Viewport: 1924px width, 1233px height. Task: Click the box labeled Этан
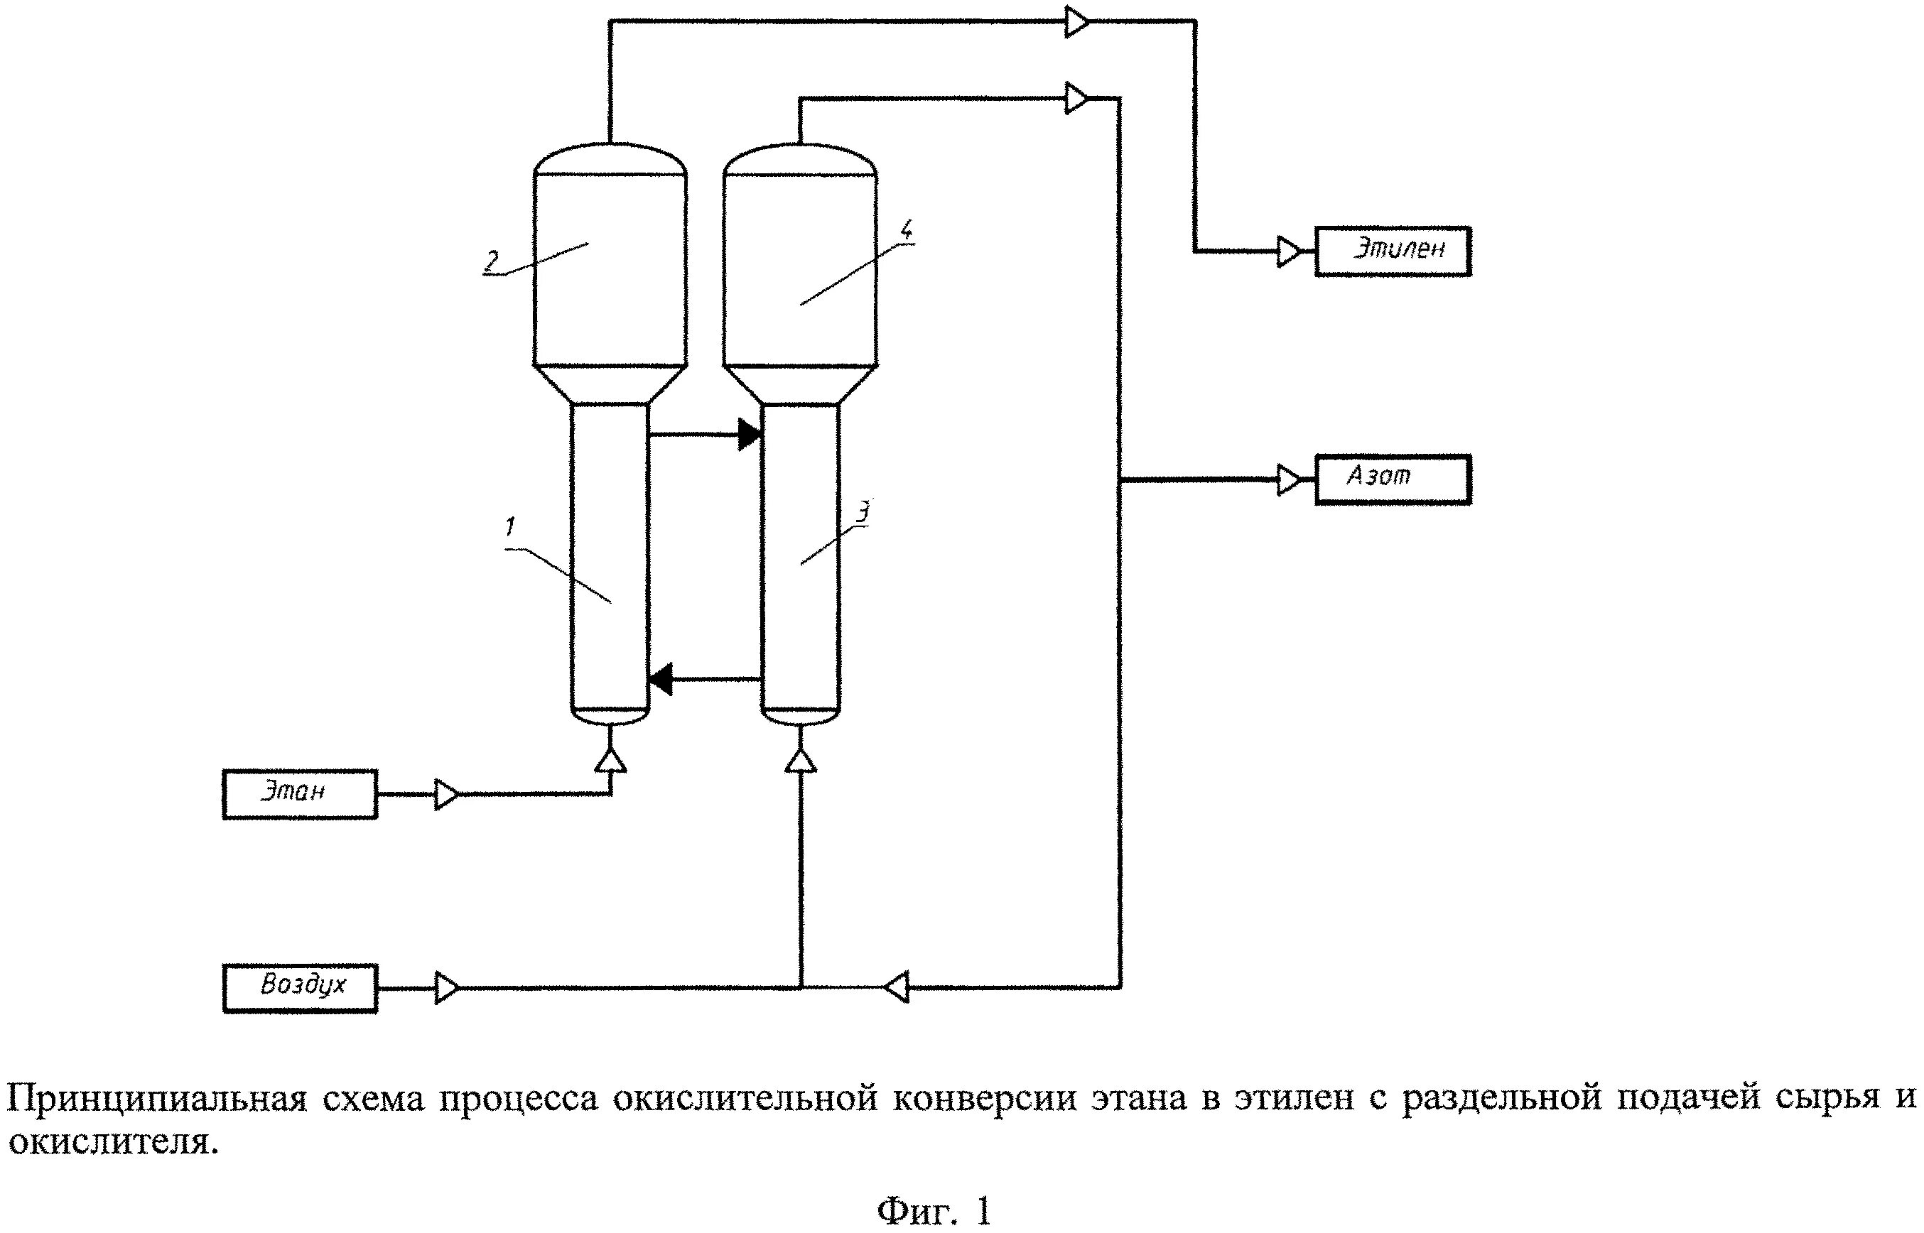[299, 793]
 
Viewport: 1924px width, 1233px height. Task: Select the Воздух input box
[299, 988]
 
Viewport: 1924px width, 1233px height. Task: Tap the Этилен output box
[1393, 251]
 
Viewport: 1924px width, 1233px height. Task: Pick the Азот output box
[1393, 479]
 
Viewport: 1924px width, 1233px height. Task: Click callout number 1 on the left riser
[511, 527]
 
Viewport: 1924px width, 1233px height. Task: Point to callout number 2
[490, 260]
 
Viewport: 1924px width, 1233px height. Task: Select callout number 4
[906, 232]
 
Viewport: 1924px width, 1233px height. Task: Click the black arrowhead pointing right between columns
[750, 434]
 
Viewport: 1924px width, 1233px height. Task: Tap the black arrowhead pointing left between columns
[661, 680]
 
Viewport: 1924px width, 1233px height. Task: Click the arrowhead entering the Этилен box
[1289, 251]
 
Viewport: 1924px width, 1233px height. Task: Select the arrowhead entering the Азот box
[1289, 479]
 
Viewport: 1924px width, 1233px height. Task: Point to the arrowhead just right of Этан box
[447, 794]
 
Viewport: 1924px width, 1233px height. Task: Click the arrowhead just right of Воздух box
[447, 988]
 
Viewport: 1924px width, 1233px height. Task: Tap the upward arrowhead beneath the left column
[611, 760]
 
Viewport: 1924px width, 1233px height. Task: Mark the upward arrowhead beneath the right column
[801, 760]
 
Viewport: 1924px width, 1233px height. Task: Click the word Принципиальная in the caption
[157, 1097]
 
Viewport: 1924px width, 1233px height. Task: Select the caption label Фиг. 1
[934, 1210]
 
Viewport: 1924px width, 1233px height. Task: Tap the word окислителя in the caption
[112, 1140]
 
